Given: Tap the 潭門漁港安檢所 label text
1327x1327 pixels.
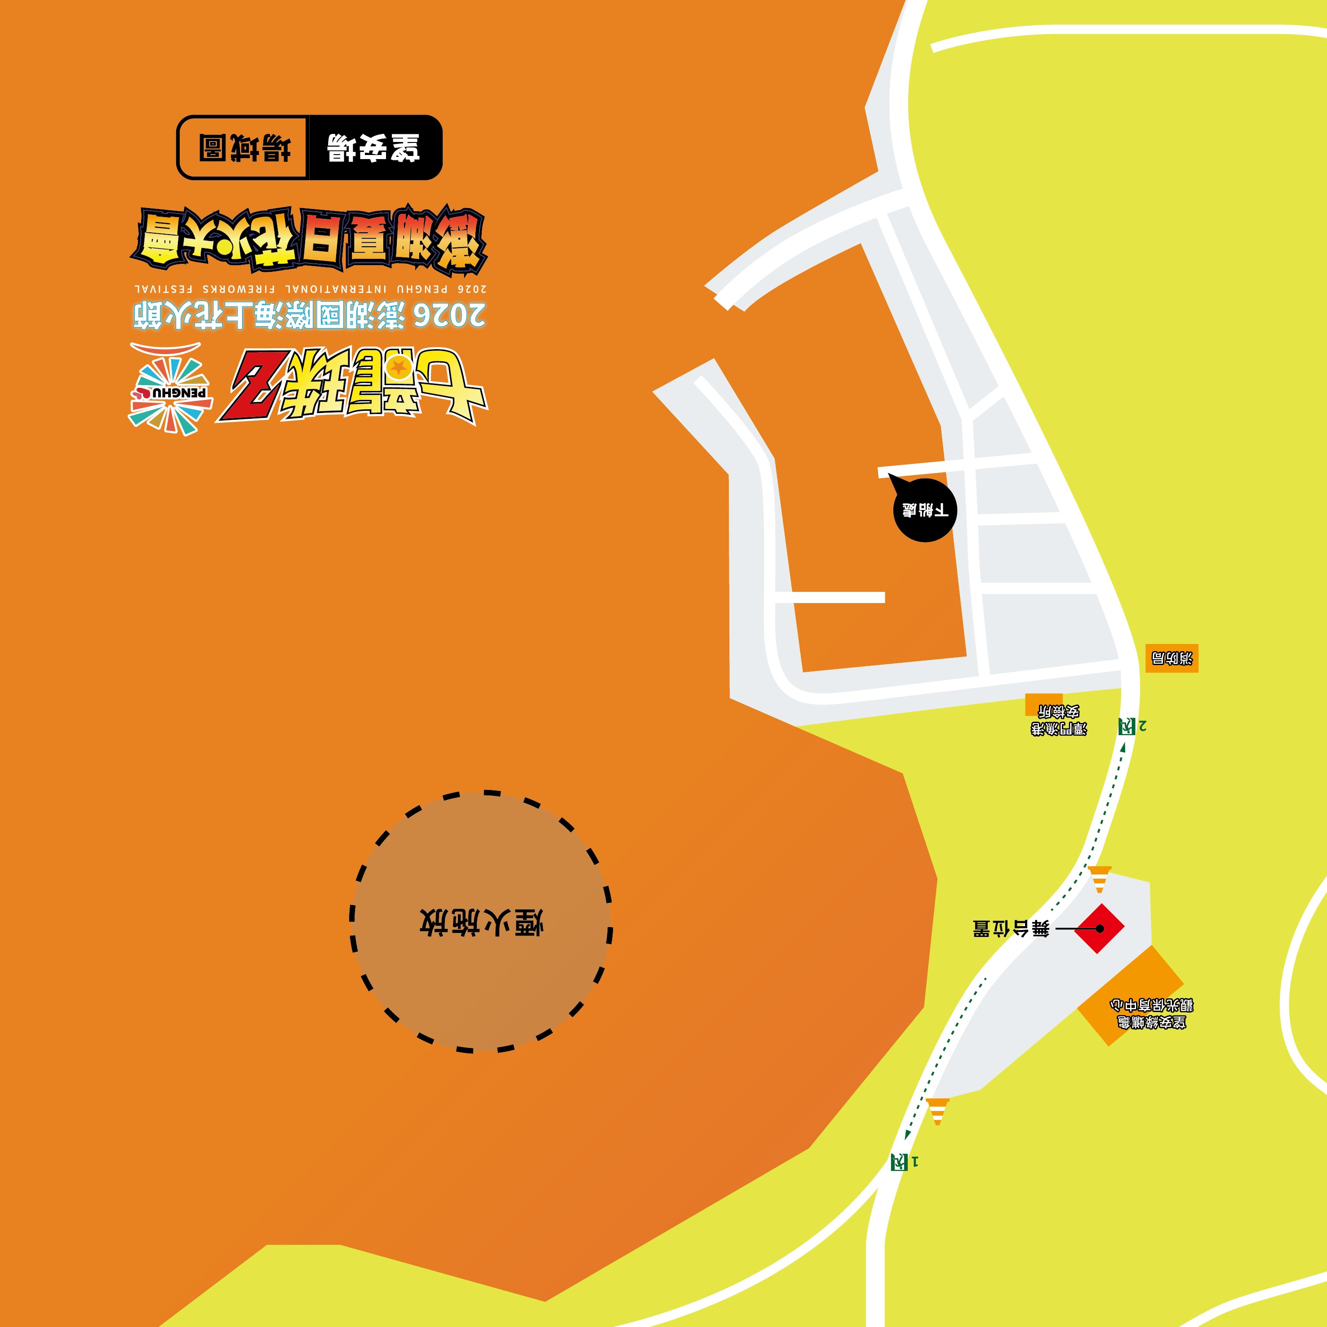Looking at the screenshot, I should pyautogui.click(x=1058, y=720).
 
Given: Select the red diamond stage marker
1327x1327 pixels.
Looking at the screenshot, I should pyautogui.click(x=1099, y=928).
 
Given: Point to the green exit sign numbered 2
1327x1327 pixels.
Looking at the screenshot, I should pyautogui.click(x=1127, y=726).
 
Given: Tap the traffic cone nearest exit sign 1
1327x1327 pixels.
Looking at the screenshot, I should pyautogui.click(x=937, y=1111).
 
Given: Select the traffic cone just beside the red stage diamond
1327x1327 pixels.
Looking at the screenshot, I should pyautogui.click(x=1100, y=879).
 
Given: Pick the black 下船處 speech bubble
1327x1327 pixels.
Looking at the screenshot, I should pyautogui.click(x=924, y=510).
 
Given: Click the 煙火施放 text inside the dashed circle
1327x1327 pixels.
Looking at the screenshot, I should pyautogui.click(x=481, y=923).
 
